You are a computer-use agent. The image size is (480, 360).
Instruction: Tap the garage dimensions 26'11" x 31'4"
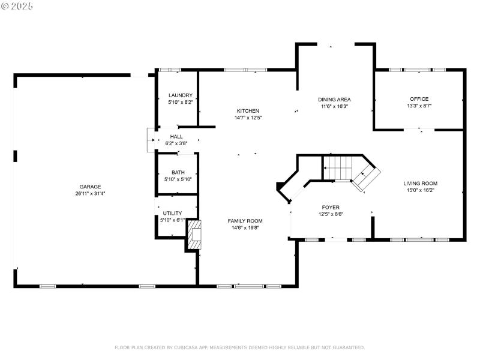[91, 193]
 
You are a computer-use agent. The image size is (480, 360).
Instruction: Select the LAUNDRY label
[180, 95]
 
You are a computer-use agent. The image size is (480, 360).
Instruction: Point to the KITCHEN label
[248, 111]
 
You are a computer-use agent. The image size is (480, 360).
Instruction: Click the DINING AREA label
[334, 100]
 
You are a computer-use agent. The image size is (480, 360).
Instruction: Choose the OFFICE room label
[419, 99]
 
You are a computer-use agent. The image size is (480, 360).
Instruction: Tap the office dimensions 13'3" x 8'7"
[419, 106]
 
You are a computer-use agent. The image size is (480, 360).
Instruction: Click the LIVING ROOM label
[420, 184]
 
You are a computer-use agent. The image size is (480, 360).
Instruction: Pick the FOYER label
[331, 208]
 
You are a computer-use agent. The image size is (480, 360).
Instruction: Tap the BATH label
[178, 172]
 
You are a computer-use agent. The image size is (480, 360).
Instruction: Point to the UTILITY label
[172, 214]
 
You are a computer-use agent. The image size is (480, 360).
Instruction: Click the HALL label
[176, 137]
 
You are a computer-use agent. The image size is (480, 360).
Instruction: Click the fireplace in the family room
[194, 235]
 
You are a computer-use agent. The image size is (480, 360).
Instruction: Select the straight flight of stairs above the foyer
[337, 167]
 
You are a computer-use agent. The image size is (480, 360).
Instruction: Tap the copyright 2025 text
[17, 5]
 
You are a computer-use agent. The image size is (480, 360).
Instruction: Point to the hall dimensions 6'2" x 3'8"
[176, 143]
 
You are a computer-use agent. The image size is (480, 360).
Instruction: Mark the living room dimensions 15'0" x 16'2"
[420, 190]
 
